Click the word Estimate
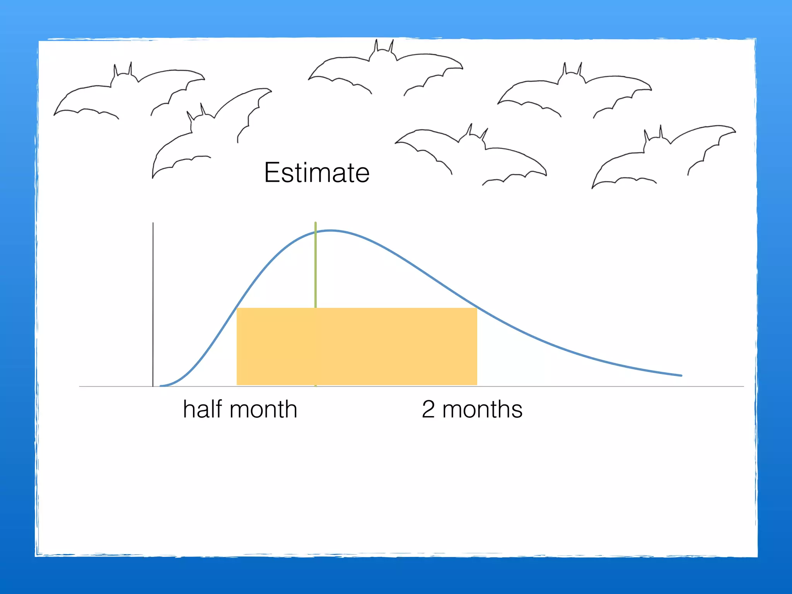(x=317, y=173)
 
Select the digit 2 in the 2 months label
(x=428, y=410)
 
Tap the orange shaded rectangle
(x=357, y=346)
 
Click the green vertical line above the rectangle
(x=316, y=267)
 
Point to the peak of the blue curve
(x=331, y=231)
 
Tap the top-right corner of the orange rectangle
(x=476, y=309)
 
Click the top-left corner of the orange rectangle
(x=237, y=309)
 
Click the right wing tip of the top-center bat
(x=462, y=68)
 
